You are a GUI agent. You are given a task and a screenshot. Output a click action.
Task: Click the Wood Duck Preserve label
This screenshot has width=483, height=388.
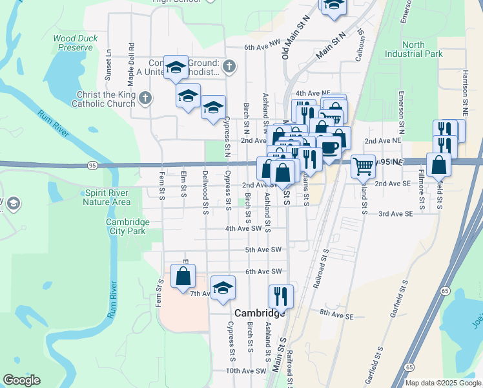pyautogui.click(x=76, y=43)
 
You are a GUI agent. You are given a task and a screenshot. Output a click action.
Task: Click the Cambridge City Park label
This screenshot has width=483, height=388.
pyautogui.click(x=127, y=226)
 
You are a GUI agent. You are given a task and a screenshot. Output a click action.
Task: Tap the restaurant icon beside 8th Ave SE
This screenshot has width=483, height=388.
pyautogui.click(x=281, y=296)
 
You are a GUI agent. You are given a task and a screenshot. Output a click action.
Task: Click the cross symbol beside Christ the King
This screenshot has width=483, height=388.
pyautogui.click(x=146, y=98)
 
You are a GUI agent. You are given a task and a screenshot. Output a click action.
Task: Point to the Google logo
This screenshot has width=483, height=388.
pyautogui.click(x=21, y=380)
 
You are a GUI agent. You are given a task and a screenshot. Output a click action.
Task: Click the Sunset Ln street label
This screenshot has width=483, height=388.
pyautogui.click(x=108, y=61)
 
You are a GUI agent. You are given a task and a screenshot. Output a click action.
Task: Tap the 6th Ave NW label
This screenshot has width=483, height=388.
pyautogui.click(x=263, y=47)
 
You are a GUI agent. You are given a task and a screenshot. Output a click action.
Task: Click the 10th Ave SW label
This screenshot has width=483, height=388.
pyautogui.click(x=246, y=371)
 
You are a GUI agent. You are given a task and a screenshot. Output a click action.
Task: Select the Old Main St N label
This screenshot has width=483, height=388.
pyautogui.click(x=284, y=40)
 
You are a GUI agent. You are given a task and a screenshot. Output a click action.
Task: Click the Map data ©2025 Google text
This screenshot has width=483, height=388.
pyautogui.click(x=443, y=383)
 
